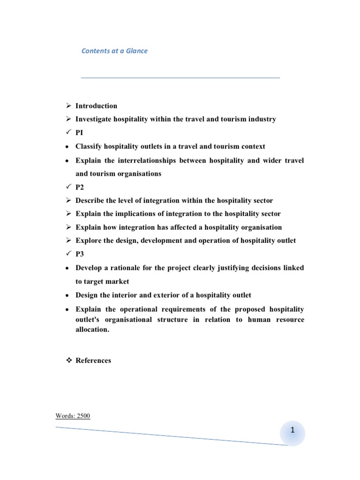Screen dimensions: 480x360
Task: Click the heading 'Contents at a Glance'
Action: pos(114,51)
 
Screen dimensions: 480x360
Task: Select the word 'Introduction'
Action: pos(96,106)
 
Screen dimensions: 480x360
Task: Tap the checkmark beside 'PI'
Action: pos(67,133)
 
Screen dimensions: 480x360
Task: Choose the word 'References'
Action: pos(93,360)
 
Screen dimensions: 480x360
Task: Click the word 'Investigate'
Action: pos(94,119)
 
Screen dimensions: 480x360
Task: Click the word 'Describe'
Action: pos(90,201)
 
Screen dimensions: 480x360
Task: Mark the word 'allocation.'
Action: pos(93,330)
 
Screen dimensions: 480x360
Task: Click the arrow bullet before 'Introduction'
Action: pos(67,106)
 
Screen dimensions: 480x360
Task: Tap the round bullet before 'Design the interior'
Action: pos(67,295)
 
